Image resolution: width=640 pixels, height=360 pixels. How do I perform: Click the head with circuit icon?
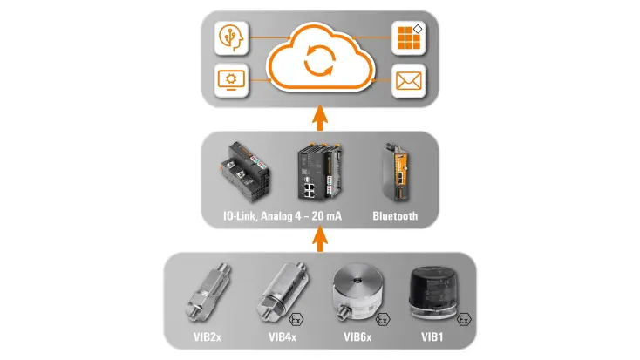[x=231, y=38]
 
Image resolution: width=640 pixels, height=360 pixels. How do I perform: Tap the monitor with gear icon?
[x=231, y=80]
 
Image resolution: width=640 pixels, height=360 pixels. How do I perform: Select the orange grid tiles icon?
[x=409, y=38]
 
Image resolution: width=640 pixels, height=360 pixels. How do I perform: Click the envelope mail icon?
[x=409, y=81]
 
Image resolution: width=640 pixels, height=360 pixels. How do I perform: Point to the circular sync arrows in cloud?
[x=320, y=60]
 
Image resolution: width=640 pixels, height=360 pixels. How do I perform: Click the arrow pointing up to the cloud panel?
[x=320, y=118]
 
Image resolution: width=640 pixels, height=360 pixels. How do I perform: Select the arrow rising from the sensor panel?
[x=320, y=239]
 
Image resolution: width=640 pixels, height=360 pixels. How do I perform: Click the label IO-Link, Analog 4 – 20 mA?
[x=282, y=216]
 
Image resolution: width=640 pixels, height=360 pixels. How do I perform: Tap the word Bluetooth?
[x=395, y=216]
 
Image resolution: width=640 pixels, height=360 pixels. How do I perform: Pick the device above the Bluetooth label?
[x=396, y=173]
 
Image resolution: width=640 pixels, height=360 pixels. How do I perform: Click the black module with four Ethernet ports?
[x=319, y=172]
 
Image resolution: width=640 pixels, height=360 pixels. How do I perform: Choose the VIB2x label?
[x=207, y=336]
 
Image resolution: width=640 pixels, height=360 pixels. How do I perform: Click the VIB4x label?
[x=282, y=336]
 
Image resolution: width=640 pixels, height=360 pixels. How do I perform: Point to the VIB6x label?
[x=357, y=336]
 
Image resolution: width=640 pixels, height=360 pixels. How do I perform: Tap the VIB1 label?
[x=432, y=336]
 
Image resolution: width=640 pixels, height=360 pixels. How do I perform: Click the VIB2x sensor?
[x=208, y=293]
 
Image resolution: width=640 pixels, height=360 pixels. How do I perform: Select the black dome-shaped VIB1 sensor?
[x=433, y=293]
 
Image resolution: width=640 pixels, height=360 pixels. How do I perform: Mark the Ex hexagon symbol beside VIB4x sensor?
[x=296, y=320]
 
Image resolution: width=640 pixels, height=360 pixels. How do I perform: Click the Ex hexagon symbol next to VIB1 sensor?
[x=464, y=320]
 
